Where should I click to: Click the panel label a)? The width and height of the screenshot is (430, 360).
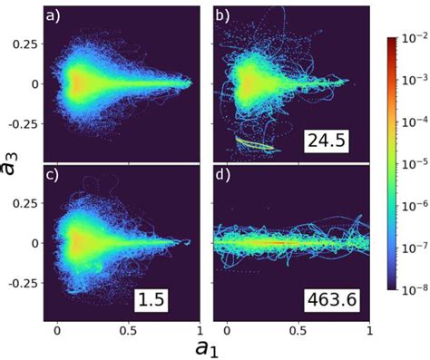click(x=54, y=15)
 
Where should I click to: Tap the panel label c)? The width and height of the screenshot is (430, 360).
click(x=54, y=175)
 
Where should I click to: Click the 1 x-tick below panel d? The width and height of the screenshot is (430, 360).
click(x=370, y=331)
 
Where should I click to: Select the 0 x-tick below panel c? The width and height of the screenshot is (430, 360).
click(x=58, y=331)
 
